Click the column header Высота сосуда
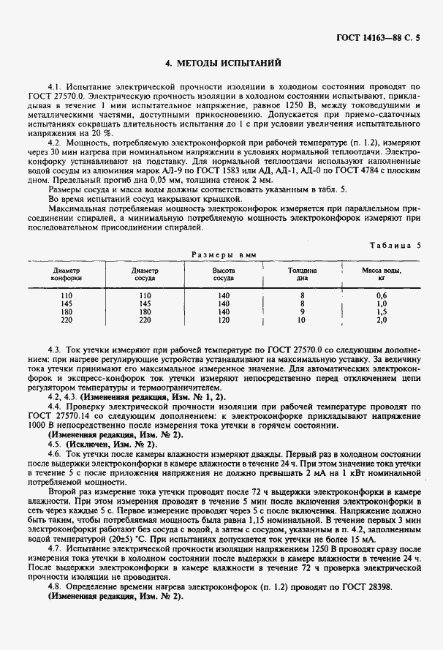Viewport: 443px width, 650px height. click(x=224, y=274)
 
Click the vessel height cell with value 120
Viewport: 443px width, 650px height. click(x=224, y=320)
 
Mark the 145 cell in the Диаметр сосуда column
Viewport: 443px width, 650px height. click(x=144, y=303)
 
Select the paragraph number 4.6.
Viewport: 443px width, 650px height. click(x=53, y=453)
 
